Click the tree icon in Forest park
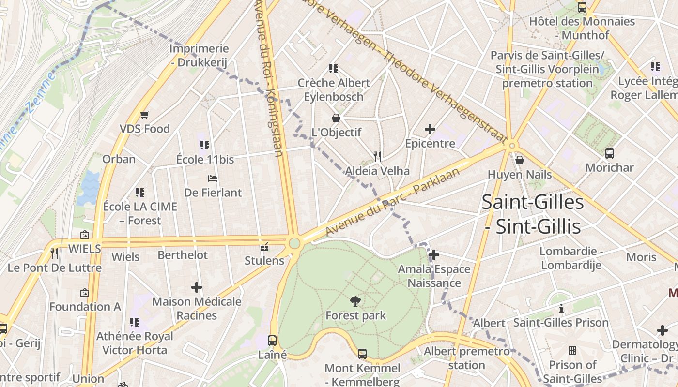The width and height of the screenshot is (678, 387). [x=356, y=301]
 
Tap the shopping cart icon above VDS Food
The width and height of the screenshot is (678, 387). [x=144, y=115]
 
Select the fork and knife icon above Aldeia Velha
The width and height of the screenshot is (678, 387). [x=377, y=156]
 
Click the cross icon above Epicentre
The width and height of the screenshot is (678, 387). [x=430, y=129]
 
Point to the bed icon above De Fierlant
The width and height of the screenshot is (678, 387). [x=213, y=179]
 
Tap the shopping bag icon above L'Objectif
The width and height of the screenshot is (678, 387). [x=336, y=118]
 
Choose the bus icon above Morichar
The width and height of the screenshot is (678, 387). [x=610, y=153]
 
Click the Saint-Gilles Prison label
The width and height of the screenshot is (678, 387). [x=561, y=322]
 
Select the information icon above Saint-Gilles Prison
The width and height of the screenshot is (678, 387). [x=561, y=308]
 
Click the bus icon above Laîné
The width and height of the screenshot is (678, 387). [x=272, y=340]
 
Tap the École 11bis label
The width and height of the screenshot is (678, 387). [x=205, y=159]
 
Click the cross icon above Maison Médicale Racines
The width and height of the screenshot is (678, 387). [x=196, y=287]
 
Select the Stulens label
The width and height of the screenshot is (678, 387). [x=264, y=260]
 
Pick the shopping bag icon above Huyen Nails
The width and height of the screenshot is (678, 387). [x=520, y=160]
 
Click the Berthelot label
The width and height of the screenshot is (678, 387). [x=183, y=254]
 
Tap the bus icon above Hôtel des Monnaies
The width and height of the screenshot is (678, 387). [x=582, y=7]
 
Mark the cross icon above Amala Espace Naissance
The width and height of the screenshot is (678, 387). [x=434, y=255]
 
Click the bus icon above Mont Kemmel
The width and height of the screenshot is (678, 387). [x=362, y=354]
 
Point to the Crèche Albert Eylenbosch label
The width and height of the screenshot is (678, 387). [x=334, y=89]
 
